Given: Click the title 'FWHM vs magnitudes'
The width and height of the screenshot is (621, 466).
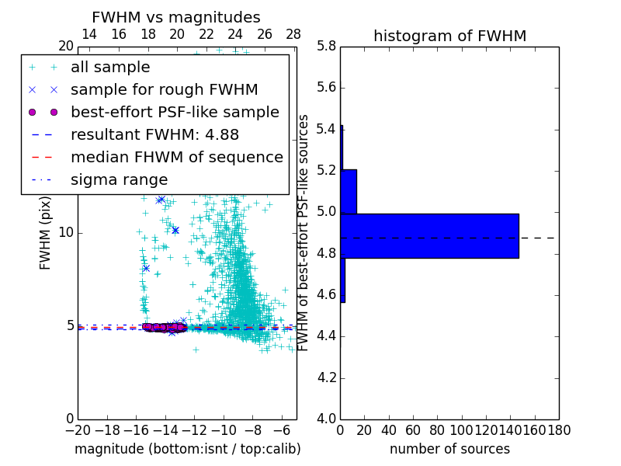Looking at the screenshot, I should click(176, 17).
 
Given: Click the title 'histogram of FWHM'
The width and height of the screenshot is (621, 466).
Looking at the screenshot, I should click(449, 36).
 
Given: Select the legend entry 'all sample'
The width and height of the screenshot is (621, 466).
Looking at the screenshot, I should click(110, 68).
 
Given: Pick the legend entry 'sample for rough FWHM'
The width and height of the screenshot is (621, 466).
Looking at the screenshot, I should click(164, 89).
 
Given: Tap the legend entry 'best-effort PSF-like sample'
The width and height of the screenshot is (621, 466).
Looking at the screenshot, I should click(175, 112).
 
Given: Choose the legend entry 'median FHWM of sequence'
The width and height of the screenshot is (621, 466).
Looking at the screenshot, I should click(176, 157).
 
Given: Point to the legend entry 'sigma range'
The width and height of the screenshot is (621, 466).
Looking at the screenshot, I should click(119, 179).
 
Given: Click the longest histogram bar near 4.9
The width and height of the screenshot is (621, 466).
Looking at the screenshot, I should click(429, 236).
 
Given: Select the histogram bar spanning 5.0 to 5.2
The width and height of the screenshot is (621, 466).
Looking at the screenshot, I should click(349, 191).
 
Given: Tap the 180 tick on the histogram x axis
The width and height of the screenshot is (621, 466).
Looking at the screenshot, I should click(559, 429).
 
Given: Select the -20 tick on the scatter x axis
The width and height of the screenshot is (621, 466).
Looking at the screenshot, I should click(77, 429).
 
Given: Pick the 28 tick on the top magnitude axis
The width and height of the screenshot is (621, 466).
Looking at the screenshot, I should click(293, 34).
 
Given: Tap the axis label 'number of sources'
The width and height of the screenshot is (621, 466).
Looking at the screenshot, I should click(449, 449).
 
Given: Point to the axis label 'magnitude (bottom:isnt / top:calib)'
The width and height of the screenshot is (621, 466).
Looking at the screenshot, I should click(187, 449).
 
